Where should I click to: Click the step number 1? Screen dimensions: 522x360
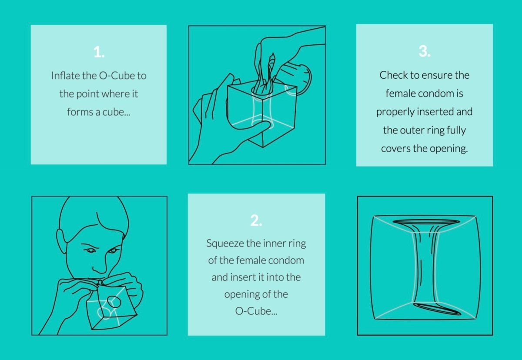tap(99, 52)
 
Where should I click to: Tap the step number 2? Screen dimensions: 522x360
tap(256, 220)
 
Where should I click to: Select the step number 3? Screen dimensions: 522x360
tap(425, 51)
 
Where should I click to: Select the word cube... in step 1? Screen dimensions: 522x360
tap(116, 112)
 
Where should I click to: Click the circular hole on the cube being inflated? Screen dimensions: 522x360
tap(114, 302)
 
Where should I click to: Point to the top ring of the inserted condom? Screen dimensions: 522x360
tap(426, 221)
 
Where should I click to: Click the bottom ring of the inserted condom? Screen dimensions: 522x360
tap(437, 309)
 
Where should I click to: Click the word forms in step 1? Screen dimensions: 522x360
tap(80, 112)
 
